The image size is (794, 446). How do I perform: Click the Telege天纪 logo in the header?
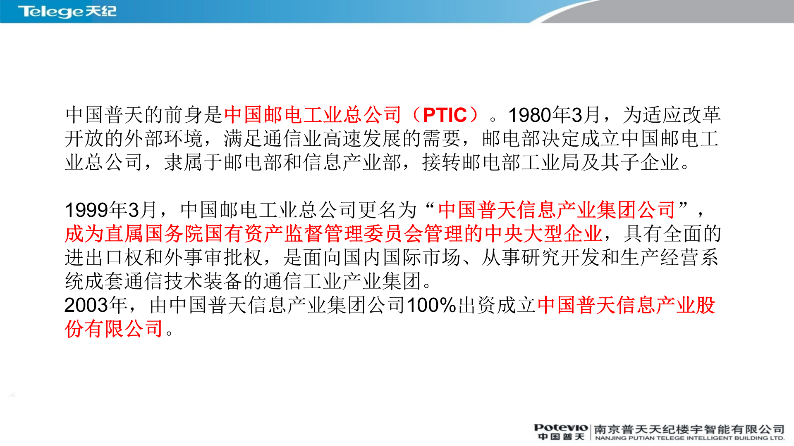point(67,11)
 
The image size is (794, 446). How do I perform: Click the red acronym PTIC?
point(445,115)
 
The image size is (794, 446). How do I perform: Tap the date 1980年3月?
point(554,115)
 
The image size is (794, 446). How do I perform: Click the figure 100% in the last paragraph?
point(431,306)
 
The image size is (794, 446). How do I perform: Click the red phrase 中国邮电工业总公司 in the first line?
point(313,115)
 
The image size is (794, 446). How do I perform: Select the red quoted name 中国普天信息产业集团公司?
point(557,210)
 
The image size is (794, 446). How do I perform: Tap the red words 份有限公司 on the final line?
point(114,329)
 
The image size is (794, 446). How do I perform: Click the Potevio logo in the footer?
point(561,428)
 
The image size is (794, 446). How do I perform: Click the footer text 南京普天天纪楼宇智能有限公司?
point(689,429)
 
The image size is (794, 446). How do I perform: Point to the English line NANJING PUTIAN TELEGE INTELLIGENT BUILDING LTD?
point(689,438)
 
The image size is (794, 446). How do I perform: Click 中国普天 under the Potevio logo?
point(561,437)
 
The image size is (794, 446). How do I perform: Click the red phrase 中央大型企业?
point(543,234)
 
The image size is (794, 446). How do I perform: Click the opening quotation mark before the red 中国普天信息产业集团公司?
point(430,206)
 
